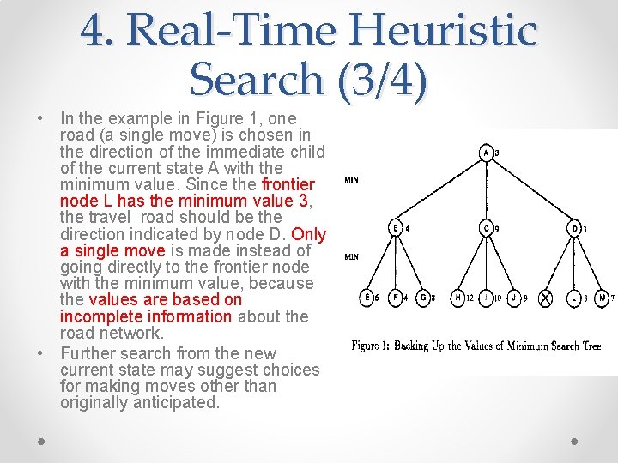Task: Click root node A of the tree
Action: [486, 153]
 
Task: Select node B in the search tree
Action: [396, 228]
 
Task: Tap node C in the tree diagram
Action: [486, 228]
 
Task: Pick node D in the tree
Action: [575, 228]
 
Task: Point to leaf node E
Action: [367, 298]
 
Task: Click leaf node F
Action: [395, 298]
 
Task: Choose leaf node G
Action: [422, 298]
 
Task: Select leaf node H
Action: [457, 298]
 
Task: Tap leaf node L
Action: [574, 298]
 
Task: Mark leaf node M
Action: [603, 298]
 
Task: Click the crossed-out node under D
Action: [546, 298]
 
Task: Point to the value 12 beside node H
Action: [470, 298]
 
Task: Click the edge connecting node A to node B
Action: [440, 191]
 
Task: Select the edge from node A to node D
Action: [530, 191]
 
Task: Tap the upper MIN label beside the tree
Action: [351, 180]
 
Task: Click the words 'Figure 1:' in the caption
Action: [371, 346]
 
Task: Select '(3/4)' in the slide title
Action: [383, 80]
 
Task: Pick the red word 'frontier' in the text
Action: [288, 184]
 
